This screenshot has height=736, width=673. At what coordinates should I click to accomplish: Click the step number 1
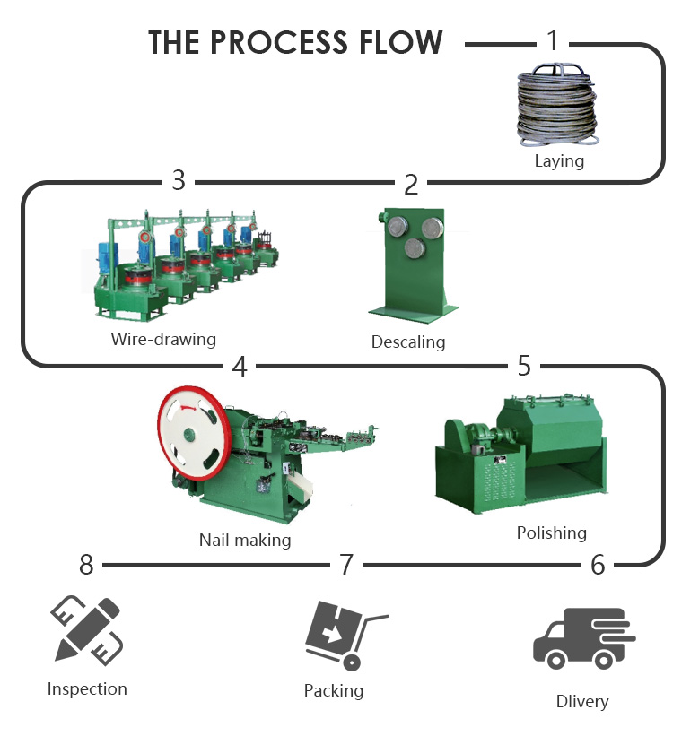point(553,40)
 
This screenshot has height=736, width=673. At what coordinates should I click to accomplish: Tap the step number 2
point(411,184)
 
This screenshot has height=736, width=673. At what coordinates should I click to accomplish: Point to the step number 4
point(240,366)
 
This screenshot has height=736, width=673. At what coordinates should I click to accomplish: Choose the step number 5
point(524,365)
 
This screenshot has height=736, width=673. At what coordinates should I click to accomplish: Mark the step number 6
point(598,565)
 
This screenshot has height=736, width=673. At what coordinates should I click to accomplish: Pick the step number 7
point(346,565)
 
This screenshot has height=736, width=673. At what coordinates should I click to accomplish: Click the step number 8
point(86,565)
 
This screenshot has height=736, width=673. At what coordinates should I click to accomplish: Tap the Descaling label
point(408,342)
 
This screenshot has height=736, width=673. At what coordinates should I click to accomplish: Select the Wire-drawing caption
point(163,340)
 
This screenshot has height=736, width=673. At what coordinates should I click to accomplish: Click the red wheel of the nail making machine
point(190,434)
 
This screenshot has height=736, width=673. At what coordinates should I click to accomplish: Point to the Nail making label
point(245,541)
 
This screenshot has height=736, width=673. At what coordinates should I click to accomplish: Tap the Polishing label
point(551,533)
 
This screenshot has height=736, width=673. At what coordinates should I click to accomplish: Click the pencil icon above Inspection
point(87,630)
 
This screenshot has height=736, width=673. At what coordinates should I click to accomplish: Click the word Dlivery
point(582,701)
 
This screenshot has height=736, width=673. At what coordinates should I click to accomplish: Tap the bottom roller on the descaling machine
point(415,247)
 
